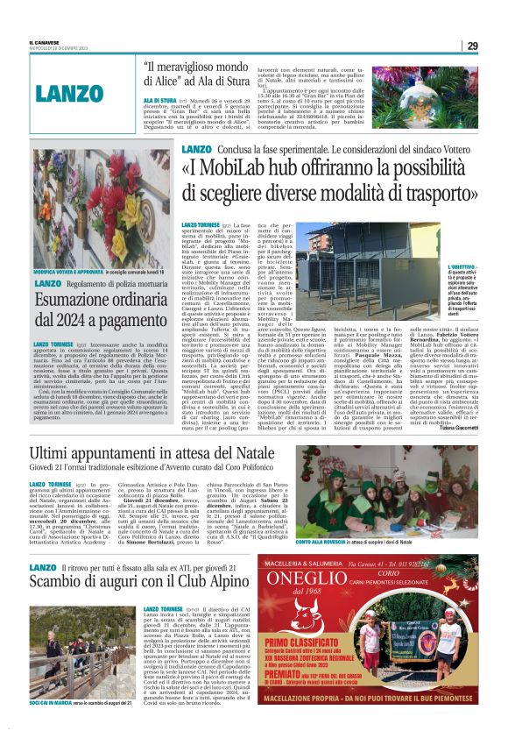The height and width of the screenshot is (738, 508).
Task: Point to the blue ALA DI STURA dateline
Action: pyautogui.click(x=161, y=102)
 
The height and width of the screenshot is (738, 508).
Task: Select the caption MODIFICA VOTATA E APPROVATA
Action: pyautogui.click(x=63, y=273)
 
